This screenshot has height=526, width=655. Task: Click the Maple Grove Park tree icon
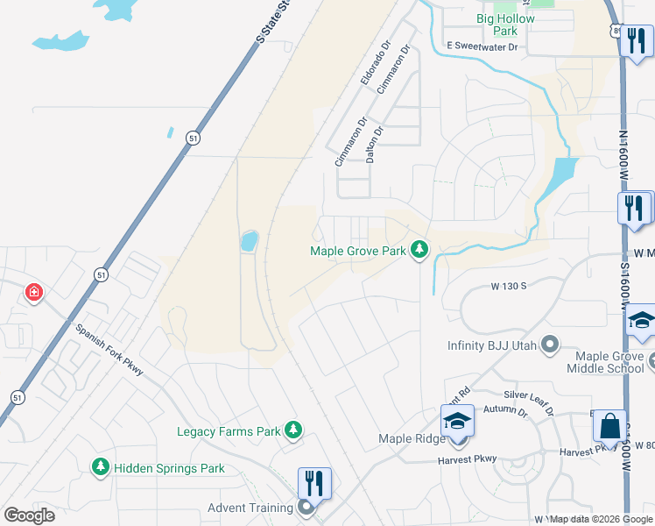[x=420, y=251]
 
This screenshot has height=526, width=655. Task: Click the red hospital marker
[x=34, y=292]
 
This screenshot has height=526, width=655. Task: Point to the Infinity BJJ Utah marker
[x=550, y=345]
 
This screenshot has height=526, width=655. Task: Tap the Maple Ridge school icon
[x=456, y=421]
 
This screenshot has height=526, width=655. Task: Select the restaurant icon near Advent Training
[x=314, y=482]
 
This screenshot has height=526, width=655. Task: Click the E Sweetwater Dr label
[x=482, y=45]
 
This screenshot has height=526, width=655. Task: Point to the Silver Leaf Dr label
[x=529, y=400]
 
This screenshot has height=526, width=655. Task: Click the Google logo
[x=29, y=515]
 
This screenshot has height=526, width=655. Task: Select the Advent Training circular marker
[x=306, y=507]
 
